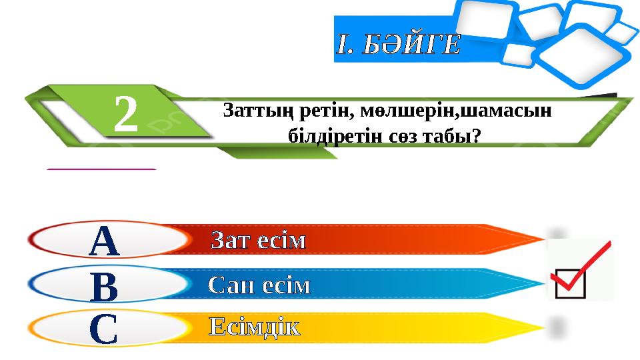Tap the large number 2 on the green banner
click(x=127, y=114)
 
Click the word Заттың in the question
click(x=254, y=109)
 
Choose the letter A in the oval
click(x=104, y=241)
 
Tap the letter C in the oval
click(x=104, y=329)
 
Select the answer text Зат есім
click(x=259, y=241)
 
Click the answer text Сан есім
click(x=259, y=285)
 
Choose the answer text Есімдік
click(x=255, y=327)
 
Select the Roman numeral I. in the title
click(x=344, y=45)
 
